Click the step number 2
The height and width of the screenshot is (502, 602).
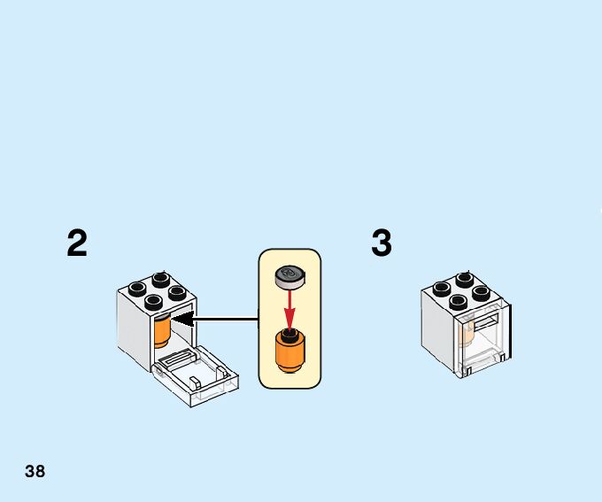[78, 243]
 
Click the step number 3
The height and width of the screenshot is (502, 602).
[382, 243]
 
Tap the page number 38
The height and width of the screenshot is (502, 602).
[35, 471]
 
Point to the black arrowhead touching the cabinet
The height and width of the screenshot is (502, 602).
[181, 318]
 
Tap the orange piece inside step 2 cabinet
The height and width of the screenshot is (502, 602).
[162, 330]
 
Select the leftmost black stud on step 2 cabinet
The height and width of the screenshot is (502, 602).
[136, 288]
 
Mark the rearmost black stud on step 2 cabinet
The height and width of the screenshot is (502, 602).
[161, 278]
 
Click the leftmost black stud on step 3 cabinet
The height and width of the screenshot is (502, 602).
[441, 289]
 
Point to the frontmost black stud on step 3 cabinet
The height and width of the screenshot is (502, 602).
[459, 301]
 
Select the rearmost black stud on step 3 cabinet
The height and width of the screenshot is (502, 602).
[464, 279]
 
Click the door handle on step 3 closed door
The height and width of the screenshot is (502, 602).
[486, 320]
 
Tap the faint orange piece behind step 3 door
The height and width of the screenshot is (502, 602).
[467, 335]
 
